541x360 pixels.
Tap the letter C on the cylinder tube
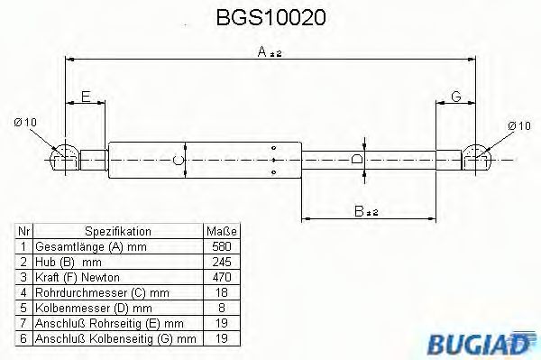point(179,161)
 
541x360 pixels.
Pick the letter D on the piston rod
point(358,160)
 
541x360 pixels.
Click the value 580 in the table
point(221,246)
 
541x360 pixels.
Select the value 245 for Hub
point(221,262)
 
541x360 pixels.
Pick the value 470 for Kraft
point(221,277)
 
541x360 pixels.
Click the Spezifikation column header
point(117,231)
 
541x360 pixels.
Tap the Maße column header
point(221,231)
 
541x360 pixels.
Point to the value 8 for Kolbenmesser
point(221,308)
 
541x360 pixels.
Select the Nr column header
point(24,231)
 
